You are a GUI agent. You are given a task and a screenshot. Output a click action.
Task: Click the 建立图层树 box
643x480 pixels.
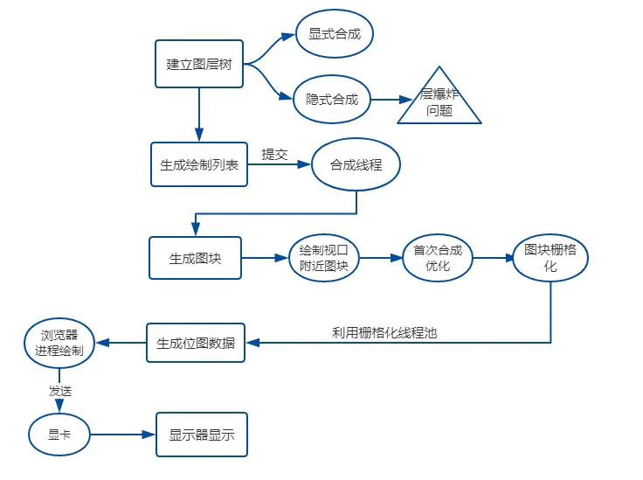(199, 64)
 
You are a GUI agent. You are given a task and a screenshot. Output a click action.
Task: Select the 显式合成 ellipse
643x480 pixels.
(335, 33)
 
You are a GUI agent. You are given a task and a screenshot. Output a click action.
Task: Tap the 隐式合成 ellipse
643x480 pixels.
(332, 99)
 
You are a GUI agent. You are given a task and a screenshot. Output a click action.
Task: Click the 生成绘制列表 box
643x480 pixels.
(199, 164)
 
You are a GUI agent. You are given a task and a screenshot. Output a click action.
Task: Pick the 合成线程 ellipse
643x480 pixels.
(356, 164)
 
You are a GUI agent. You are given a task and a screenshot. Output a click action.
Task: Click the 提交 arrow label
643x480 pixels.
(274, 155)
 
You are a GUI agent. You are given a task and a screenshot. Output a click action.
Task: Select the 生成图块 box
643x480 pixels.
(195, 258)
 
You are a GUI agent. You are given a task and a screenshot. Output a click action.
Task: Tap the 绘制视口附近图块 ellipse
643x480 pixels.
(323, 258)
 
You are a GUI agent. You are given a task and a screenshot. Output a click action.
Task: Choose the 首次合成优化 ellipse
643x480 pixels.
(438, 258)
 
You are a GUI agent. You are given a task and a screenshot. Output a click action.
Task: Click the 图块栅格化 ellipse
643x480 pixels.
(550, 258)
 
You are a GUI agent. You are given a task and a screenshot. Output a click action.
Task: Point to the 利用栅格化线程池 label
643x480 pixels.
(384, 333)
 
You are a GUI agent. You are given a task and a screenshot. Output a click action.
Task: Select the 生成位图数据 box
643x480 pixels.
(196, 343)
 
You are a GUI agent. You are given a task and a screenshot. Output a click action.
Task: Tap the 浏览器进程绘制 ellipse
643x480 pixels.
(59, 343)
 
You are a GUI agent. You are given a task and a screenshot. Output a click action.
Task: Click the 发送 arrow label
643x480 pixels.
(60, 391)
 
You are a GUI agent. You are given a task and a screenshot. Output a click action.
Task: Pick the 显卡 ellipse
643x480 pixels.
(59, 435)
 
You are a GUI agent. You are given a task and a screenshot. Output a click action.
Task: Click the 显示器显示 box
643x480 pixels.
(202, 435)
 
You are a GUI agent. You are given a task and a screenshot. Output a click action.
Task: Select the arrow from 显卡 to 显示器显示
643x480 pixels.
(122, 435)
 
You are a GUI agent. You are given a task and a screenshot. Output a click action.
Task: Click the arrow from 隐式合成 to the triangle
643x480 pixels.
(391, 100)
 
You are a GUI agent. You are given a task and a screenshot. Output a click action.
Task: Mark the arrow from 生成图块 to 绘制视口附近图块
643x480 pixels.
(265, 258)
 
